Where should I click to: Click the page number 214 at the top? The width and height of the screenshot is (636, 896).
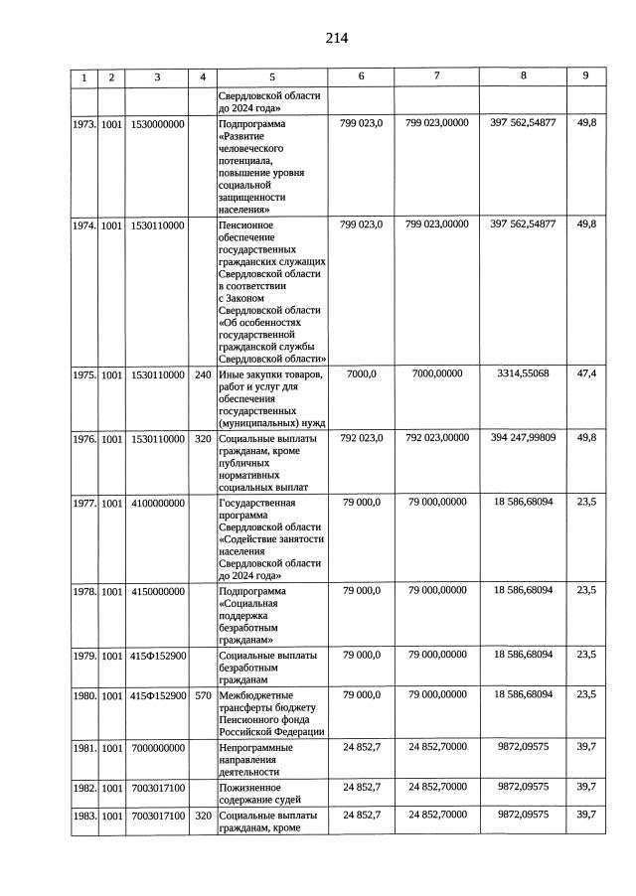click(336, 39)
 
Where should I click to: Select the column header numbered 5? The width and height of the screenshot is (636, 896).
click(271, 77)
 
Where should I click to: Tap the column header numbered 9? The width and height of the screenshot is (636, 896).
click(585, 76)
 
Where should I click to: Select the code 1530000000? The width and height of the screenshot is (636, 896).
click(157, 124)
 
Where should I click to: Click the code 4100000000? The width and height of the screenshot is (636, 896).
click(157, 504)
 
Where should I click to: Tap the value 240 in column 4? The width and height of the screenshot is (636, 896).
click(203, 375)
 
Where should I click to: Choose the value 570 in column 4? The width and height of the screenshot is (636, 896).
click(203, 695)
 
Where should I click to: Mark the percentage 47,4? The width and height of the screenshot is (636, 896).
click(585, 374)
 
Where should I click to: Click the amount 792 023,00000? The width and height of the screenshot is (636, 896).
click(436, 436)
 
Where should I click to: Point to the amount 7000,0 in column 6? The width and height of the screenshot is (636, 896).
click(361, 374)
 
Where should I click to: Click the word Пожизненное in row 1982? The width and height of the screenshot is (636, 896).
click(249, 787)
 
